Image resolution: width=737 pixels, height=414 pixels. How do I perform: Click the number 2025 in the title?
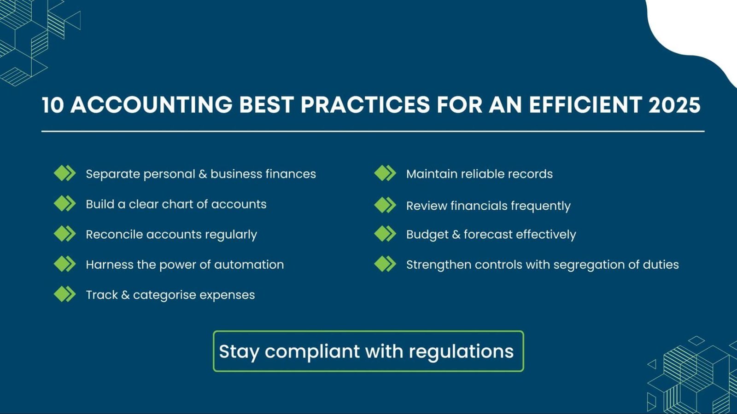tap(674, 105)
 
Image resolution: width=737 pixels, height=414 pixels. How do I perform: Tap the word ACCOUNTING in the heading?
tap(152, 105)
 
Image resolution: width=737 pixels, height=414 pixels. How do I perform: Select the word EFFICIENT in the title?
tap(585, 105)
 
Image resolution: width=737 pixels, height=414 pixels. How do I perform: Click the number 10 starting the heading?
tap(53, 105)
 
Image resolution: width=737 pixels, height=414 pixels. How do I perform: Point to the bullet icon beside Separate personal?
tap(64, 173)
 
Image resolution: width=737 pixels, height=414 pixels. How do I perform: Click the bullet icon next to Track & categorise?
tap(64, 294)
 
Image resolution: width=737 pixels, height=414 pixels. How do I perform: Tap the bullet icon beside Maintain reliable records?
tap(385, 173)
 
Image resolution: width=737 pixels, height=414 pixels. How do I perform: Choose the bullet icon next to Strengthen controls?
tap(385, 264)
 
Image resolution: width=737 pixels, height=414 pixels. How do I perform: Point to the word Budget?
tap(427, 235)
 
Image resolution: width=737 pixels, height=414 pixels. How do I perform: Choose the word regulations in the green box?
tap(461, 352)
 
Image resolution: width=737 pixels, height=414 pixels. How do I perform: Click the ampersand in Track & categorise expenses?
tap(125, 295)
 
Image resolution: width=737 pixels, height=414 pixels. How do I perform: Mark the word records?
tap(532, 174)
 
